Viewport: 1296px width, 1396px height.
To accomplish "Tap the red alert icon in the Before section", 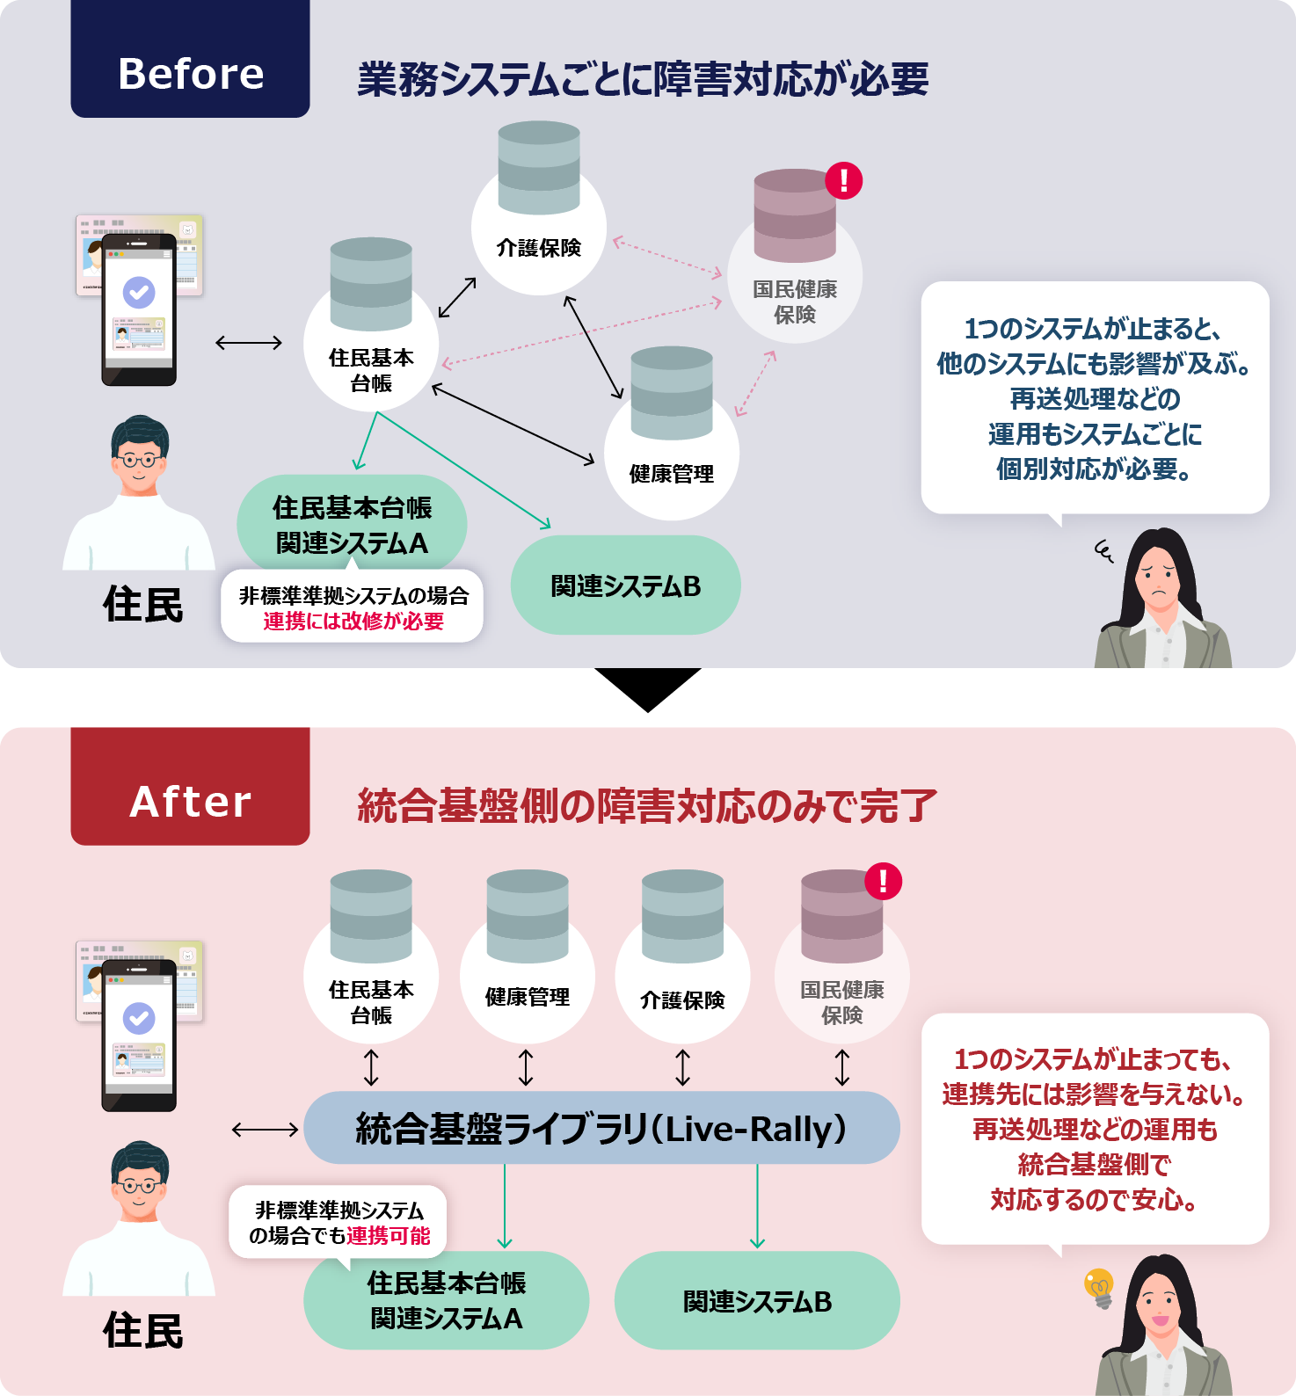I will (844, 180).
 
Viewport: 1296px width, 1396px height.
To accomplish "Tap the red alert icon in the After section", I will (884, 880).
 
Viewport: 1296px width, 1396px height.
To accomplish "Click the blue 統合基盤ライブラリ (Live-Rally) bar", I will (601, 1128).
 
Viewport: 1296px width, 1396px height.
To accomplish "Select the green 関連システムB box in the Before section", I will (625, 585).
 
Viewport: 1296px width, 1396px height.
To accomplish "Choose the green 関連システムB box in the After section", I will (757, 1301).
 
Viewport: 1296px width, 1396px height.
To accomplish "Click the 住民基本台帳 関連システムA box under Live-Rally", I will (446, 1301).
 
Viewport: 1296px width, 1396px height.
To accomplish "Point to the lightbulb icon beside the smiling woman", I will (1099, 1287).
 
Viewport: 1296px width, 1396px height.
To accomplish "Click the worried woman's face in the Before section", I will (1160, 581).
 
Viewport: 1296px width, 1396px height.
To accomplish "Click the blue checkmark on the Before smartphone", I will (139, 292).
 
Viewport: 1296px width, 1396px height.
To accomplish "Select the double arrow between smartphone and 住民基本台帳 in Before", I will (249, 343).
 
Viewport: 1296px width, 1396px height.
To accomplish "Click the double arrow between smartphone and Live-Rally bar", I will (265, 1130).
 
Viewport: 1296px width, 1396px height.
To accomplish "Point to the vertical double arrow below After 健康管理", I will (526, 1067).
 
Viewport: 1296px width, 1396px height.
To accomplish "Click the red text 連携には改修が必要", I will (353, 622).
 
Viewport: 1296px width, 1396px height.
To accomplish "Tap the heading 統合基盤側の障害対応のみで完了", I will (647, 805).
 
